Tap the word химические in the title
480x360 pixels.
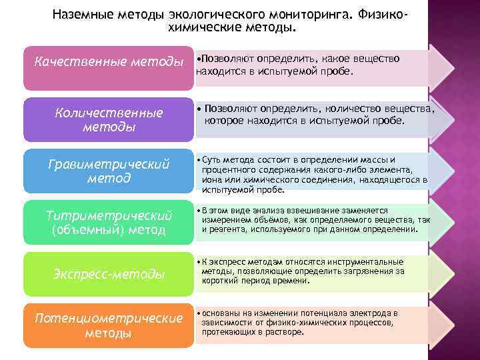point(200,28)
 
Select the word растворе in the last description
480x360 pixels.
point(287,331)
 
